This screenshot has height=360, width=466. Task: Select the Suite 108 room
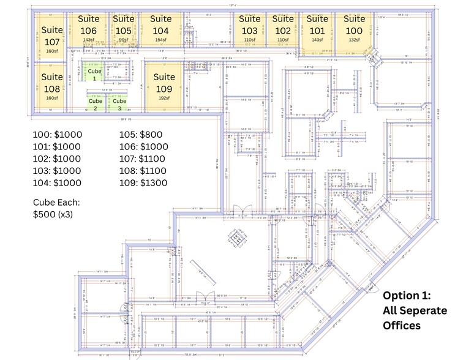point(52,86)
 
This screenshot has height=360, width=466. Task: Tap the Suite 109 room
point(163,86)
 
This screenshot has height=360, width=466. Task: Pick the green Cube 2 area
point(95,103)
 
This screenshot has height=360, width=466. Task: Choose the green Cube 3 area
point(119,103)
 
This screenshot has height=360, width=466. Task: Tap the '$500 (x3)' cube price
point(53,214)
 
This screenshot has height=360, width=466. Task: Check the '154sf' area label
point(160,40)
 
